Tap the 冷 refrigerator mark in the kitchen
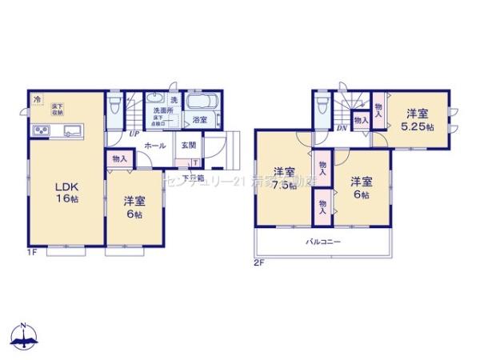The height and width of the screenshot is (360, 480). (x=37, y=99)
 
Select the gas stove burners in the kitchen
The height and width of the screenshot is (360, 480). (x=38, y=131)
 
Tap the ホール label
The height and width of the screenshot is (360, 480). (x=155, y=146)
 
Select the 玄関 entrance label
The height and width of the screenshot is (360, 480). (x=188, y=146)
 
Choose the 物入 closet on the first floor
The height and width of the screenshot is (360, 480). (x=118, y=158)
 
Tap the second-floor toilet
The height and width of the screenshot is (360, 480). (x=322, y=107)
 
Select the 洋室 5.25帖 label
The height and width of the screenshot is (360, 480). (x=416, y=120)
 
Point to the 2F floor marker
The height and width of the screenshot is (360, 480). (x=258, y=262)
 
